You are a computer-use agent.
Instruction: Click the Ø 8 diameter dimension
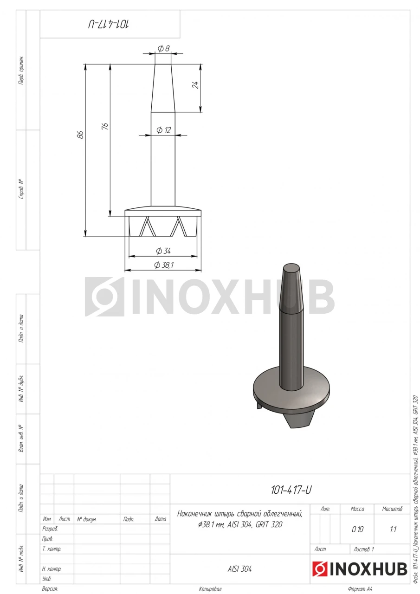click(x=163, y=49)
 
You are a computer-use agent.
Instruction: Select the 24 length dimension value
click(x=195, y=85)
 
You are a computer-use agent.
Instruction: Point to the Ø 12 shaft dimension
click(x=163, y=130)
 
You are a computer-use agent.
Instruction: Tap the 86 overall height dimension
click(x=81, y=135)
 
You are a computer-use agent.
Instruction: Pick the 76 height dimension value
click(x=105, y=126)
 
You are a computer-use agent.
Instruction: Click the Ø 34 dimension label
click(x=163, y=251)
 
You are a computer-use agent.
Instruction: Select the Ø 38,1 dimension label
click(x=164, y=265)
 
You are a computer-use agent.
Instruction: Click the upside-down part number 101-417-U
click(x=109, y=25)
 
